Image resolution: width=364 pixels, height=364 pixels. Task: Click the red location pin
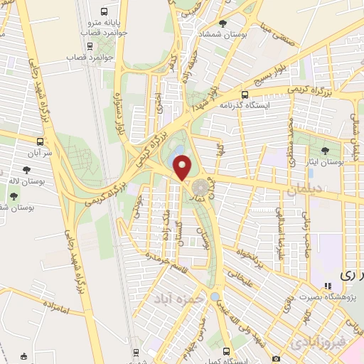(x=183, y=168)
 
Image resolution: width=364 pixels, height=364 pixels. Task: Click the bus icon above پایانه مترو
(x=105, y=12)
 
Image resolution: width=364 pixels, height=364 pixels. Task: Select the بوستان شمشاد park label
(x=225, y=35)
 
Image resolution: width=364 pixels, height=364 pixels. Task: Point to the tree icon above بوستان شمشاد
(x=223, y=23)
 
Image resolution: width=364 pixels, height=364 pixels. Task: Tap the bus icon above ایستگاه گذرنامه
(x=245, y=94)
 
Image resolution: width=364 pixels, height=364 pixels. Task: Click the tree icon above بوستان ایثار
(x=325, y=150)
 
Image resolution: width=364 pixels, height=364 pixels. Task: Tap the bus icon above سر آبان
(x=40, y=141)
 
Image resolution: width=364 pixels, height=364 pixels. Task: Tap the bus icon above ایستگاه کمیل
(x=227, y=350)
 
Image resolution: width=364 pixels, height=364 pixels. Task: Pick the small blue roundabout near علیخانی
(x=215, y=296)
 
